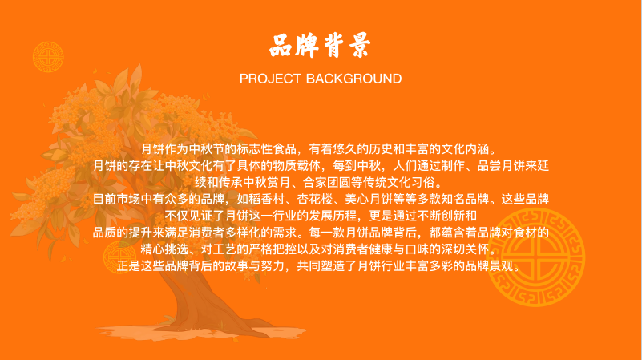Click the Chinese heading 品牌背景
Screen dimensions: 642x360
coord(320,46)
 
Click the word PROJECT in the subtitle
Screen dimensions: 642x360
coord(270,79)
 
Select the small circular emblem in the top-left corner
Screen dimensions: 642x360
coord(48,56)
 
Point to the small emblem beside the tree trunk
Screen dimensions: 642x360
coord(119,257)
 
